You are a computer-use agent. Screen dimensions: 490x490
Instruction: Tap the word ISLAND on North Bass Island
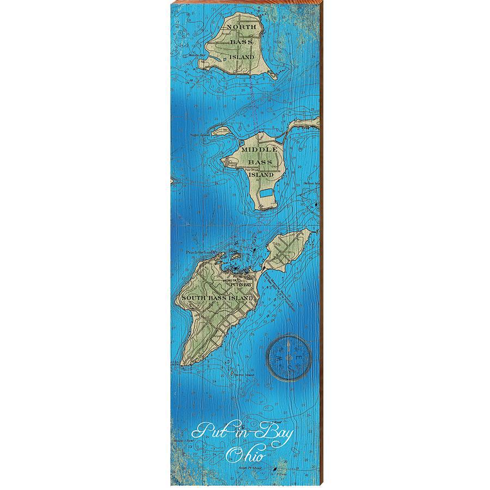241,56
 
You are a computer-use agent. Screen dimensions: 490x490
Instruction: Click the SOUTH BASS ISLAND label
217,299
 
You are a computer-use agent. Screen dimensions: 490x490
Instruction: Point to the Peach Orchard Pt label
201,252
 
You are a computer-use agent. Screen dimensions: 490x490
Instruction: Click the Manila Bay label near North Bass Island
197,56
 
